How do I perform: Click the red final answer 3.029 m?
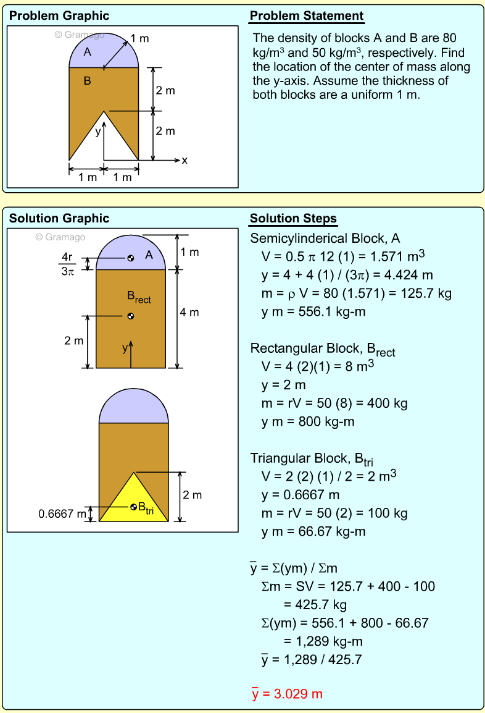(287, 694)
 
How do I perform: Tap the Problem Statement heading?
(306, 16)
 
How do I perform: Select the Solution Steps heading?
(293, 219)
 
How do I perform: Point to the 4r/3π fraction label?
(67, 264)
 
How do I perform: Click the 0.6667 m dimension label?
(62, 513)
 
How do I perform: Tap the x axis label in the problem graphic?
(184, 161)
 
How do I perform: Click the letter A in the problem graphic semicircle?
(88, 53)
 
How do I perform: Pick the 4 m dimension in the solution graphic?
(189, 313)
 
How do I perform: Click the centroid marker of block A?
(131, 258)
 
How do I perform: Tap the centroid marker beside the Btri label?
(133, 507)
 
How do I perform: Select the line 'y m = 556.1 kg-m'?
(313, 311)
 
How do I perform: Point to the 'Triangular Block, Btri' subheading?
(312, 458)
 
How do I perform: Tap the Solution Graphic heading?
(59, 219)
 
